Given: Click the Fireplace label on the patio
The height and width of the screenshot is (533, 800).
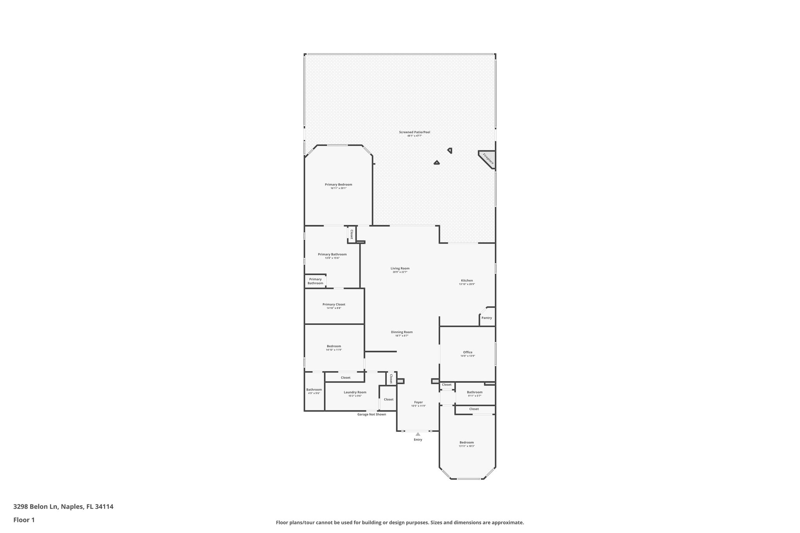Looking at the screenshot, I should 488,159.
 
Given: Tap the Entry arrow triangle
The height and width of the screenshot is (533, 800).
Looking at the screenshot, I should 418,434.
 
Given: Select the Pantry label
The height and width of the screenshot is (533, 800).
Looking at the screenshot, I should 487,318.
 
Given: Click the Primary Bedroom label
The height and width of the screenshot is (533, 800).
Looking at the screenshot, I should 338,184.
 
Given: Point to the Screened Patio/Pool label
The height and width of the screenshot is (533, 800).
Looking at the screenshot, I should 414,132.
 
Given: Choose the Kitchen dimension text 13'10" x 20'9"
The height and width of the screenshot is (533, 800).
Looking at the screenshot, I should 467,284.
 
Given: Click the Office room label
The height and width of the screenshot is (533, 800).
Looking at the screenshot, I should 468,352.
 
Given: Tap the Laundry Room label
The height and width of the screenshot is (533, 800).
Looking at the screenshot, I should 355,392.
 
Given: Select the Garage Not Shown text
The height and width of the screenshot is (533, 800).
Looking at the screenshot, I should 371,414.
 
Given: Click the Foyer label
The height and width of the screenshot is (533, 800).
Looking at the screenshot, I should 418,402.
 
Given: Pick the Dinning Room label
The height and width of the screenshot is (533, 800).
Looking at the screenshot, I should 402,332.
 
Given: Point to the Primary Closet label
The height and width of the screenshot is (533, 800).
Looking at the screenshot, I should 334,304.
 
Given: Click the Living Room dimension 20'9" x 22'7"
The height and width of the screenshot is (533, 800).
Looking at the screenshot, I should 400,272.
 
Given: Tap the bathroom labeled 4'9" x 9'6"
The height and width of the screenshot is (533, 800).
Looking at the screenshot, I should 314,391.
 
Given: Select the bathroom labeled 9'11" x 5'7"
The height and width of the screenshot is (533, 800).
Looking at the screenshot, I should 475,394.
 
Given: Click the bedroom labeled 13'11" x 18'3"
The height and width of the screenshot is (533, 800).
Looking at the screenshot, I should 466,444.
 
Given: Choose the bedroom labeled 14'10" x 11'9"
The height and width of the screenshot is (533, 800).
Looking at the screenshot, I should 334,348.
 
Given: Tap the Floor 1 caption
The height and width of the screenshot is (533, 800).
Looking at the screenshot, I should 24,520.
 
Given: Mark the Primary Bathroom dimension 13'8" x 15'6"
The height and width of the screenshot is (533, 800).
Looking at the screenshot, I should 332,258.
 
